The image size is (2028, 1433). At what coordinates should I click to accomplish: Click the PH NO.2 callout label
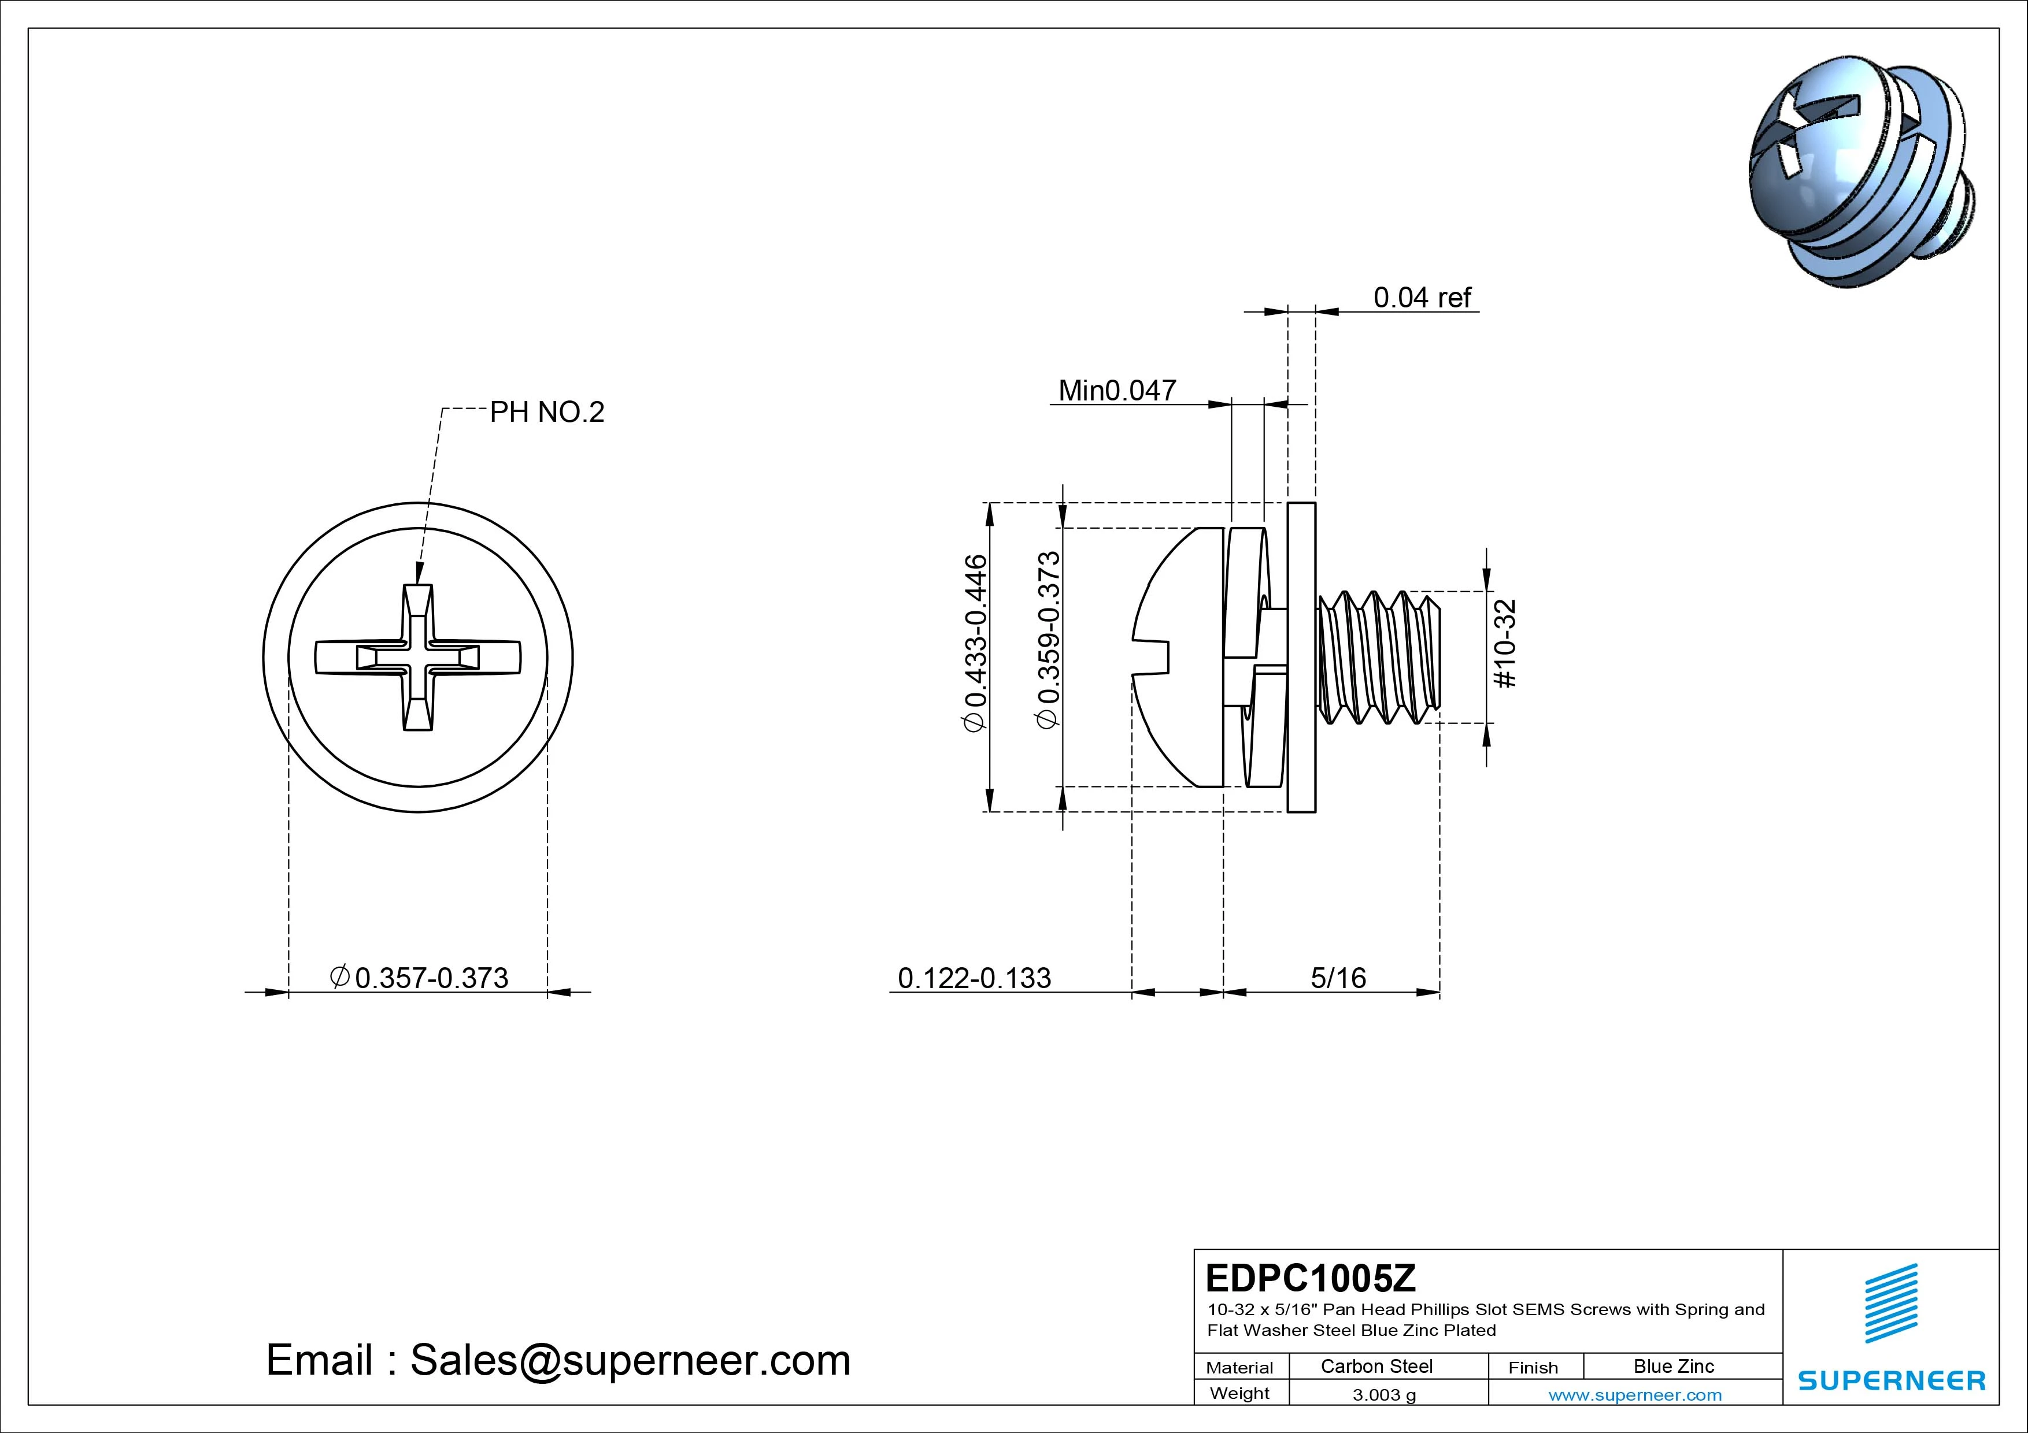tap(547, 413)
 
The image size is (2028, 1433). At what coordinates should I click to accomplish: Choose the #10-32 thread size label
tap(1505, 644)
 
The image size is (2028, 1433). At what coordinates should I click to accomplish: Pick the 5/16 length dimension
tap(1338, 978)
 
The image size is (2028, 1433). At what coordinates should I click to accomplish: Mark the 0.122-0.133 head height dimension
tap(974, 978)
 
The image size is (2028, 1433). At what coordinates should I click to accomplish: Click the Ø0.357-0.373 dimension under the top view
tap(420, 978)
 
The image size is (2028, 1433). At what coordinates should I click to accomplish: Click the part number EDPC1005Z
tap(1310, 1278)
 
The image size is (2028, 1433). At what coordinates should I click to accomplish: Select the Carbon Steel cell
tap(1376, 1367)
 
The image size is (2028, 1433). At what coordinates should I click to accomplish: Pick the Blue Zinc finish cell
tap(1673, 1367)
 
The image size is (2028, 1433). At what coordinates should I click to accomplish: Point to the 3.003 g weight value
tap(1384, 1395)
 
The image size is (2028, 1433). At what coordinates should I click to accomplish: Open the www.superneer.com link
tap(1635, 1395)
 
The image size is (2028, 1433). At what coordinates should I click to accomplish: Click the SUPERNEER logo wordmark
tap(1891, 1380)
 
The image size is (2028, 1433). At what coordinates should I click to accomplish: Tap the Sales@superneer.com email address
tap(630, 1360)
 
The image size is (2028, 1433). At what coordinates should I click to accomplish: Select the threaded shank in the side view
tap(1378, 658)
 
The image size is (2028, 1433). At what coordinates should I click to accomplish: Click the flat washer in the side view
tap(1301, 658)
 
